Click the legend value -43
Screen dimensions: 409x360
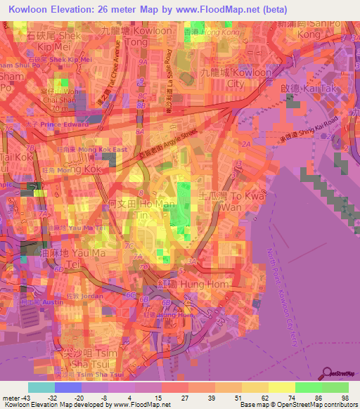click(x=21, y=397)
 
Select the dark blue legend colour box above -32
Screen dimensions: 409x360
click(x=67, y=387)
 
